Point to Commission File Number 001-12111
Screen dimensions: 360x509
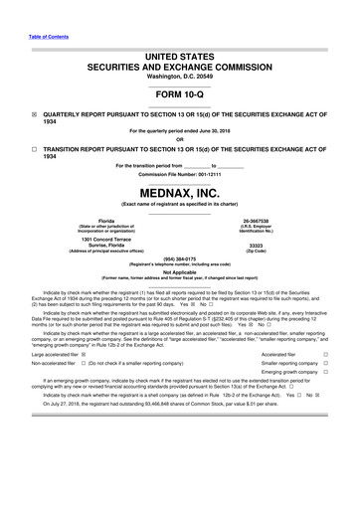179,174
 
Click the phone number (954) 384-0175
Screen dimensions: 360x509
179,261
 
